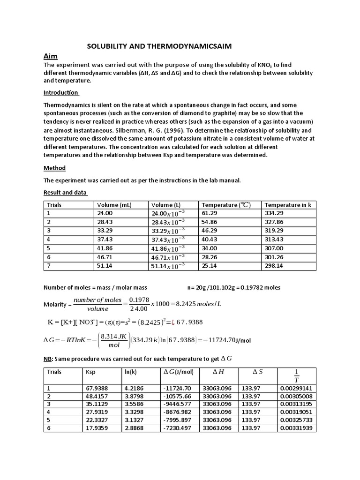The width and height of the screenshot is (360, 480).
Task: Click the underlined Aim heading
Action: [x=51, y=56]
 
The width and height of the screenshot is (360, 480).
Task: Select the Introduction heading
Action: [x=61, y=92]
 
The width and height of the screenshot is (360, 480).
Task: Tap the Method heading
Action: [x=54, y=168]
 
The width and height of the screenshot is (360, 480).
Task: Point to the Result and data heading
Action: [x=65, y=193]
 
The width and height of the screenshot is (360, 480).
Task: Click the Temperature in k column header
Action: [x=288, y=205]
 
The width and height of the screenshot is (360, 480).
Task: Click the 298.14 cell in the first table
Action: [x=274, y=266]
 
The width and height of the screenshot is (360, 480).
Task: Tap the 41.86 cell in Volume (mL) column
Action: [x=105, y=248]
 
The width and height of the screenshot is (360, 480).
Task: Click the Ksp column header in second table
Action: [x=90, y=372]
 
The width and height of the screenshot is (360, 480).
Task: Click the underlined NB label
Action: [x=48, y=359]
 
